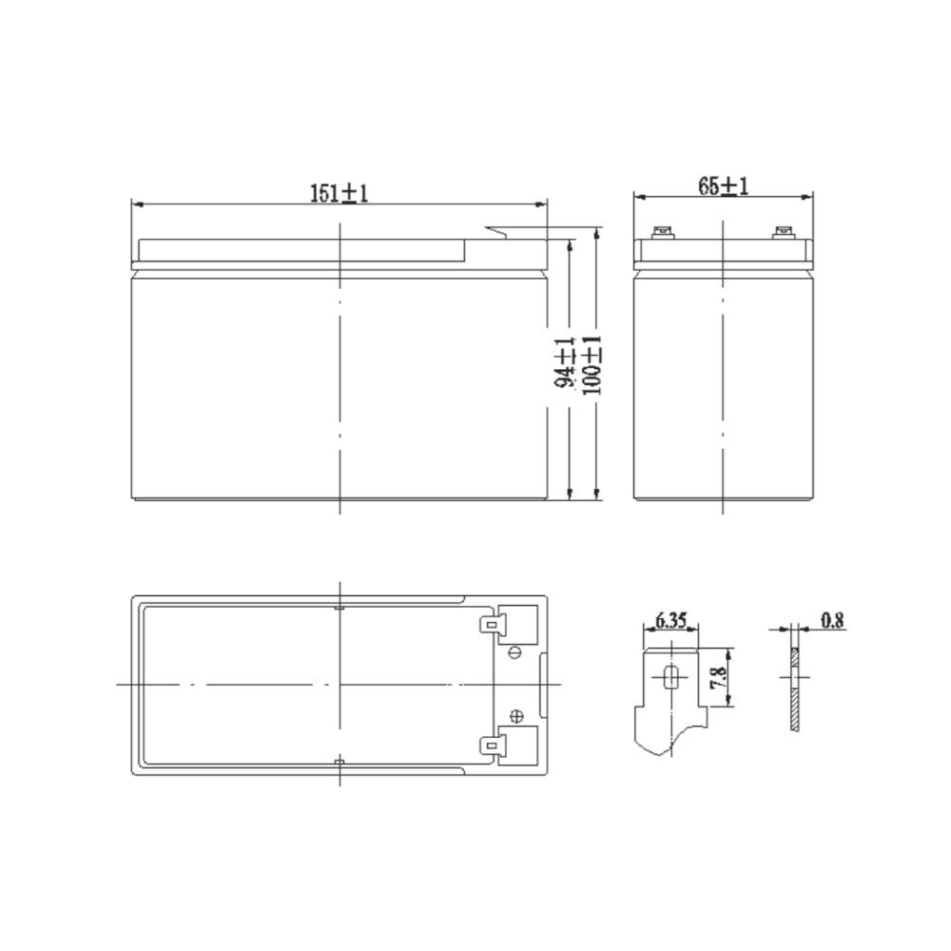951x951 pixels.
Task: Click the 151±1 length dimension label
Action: (x=339, y=193)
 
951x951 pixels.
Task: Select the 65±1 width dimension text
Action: (x=724, y=186)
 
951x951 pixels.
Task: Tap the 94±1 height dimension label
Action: (x=565, y=362)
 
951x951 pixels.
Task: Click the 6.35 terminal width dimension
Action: (x=670, y=621)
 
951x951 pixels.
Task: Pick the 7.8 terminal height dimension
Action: (x=721, y=679)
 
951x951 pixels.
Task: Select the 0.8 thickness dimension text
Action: (x=832, y=621)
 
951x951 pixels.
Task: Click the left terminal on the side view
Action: (x=663, y=231)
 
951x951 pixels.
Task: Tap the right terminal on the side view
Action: (x=784, y=231)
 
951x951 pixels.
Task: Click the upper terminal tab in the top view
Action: (x=493, y=625)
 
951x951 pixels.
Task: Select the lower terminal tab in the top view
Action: (x=493, y=747)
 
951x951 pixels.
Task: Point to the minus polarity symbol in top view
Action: (x=516, y=651)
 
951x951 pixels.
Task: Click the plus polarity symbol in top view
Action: (x=516, y=717)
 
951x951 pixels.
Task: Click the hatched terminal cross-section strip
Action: (x=793, y=690)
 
